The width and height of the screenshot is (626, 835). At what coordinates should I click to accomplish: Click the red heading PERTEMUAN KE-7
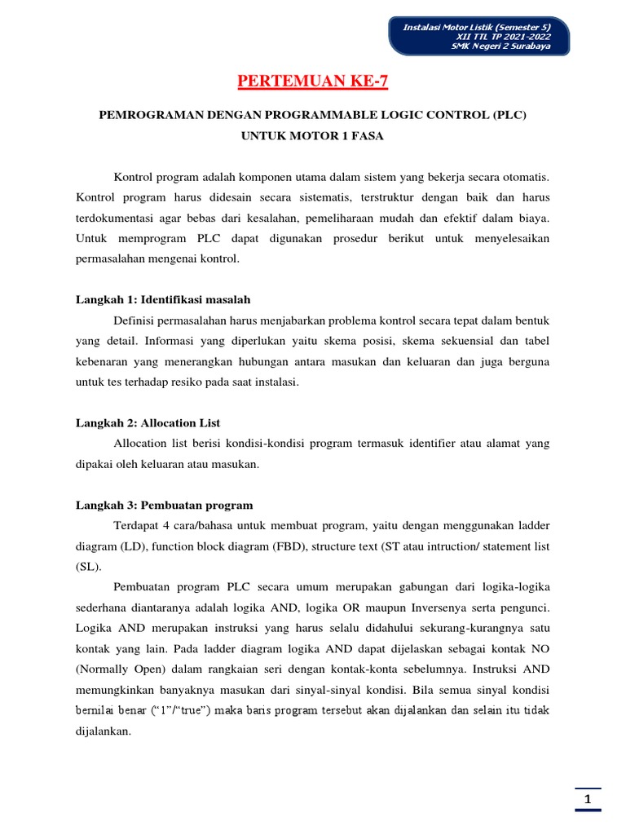[313, 82]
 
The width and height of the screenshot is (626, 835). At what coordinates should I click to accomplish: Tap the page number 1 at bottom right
[587, 801]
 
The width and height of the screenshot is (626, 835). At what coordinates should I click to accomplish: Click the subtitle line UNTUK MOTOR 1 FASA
[312, 136]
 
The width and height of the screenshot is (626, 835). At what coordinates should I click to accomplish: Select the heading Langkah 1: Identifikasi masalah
[169, 300]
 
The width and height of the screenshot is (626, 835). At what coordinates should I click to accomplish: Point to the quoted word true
[192, 710]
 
